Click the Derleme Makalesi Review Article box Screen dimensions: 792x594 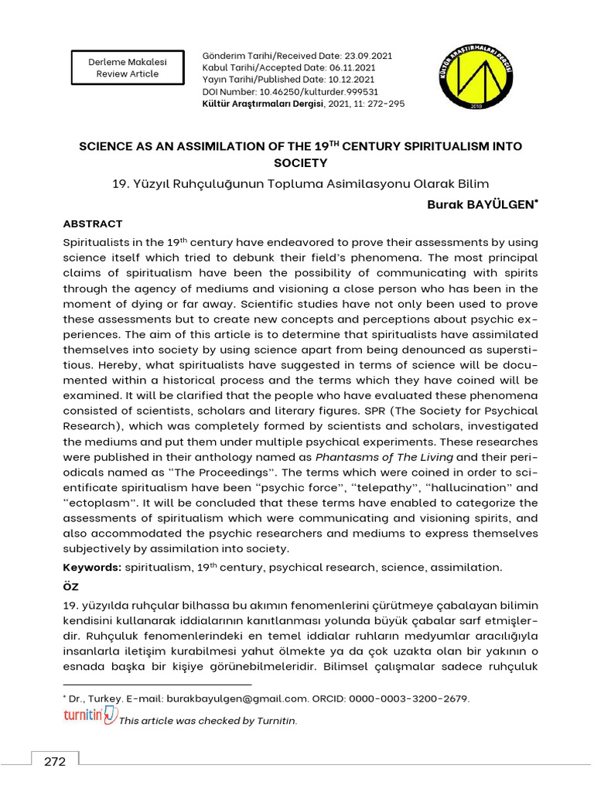pos(128,67)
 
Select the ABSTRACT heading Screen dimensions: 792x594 pos(92,224)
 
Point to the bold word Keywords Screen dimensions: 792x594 pos(91,567)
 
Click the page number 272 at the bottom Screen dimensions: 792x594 pos(55,761)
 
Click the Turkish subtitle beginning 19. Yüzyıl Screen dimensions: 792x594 pos(300,183)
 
